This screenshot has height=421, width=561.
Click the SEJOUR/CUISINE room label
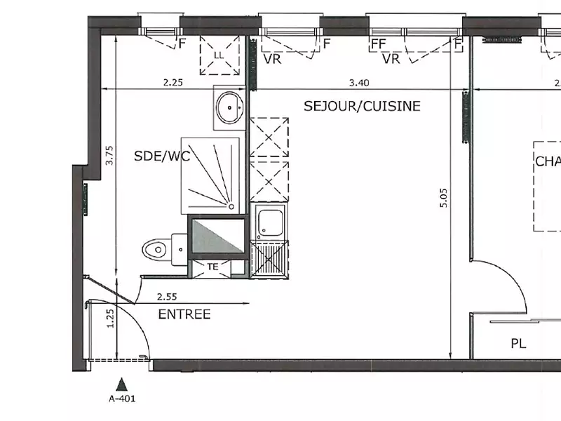(x=362, y=106)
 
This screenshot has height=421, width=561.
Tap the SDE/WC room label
(x=162, y=156)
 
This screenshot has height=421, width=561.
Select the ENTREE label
(x=184, y=314)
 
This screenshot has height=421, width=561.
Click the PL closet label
(x=518, y=344)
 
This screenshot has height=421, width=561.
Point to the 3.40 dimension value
(x=359, y=83)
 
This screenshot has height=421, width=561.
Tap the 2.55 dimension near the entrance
(x=166, y=297)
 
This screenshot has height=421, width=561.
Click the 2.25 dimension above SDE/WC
(x=173, y=83)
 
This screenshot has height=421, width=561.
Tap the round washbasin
(x=229, y=107)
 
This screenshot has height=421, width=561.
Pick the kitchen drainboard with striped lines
(x=269, y=259)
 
